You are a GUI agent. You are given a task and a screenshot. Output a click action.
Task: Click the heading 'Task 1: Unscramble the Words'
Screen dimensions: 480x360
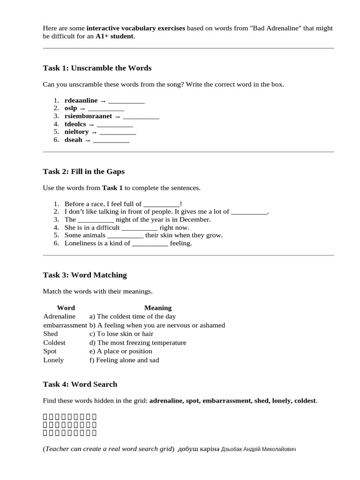[97, 68]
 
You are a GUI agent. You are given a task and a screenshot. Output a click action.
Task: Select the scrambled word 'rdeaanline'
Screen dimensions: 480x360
[81, 100]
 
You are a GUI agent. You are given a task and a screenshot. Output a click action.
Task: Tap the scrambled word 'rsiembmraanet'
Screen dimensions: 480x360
[88, 116]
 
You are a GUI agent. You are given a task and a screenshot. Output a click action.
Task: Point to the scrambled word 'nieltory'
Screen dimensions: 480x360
[76, 132]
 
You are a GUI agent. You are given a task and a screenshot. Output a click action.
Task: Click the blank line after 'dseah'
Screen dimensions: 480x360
[111, 140]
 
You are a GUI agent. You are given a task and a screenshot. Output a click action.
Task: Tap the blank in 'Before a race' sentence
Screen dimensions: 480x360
[161, 204]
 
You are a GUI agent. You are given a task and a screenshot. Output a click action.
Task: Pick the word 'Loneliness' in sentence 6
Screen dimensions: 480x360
[80, 243]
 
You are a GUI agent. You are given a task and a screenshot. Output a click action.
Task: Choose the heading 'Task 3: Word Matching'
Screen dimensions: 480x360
[84, 275]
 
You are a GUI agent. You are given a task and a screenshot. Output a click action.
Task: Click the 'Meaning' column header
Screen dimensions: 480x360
[157, 308]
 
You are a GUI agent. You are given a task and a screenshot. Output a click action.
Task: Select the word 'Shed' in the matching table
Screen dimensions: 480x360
[51, 334]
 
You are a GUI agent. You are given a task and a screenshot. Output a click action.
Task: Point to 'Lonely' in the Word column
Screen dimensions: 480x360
[53, 360]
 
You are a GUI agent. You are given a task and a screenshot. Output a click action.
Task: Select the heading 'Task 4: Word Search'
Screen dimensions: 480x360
[80, 384]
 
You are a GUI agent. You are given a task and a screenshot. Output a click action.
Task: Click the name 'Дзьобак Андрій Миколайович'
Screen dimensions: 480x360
[258, 449]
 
